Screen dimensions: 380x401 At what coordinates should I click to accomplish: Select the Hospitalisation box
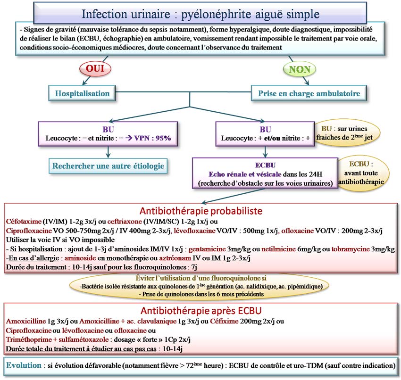[x=82, y=93]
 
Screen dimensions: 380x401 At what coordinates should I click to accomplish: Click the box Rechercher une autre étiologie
[x=109, y=165]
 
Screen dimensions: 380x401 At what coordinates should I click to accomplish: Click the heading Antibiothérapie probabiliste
[x=200, y=210]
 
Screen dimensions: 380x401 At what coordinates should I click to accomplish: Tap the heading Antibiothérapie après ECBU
[x=200, y=311]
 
